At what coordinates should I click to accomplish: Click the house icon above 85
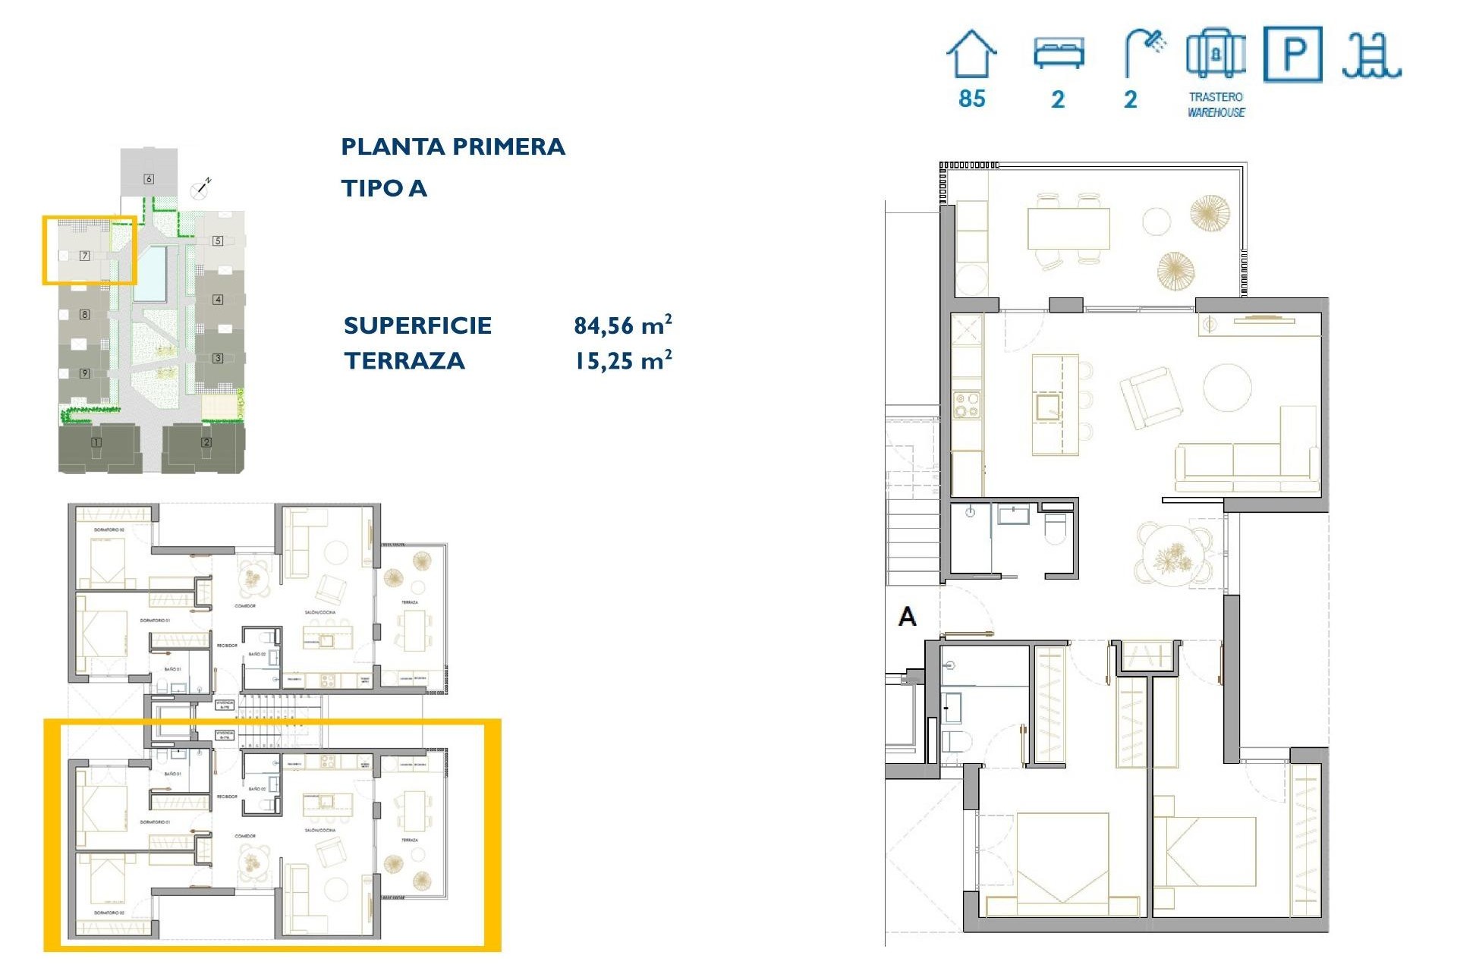(971, 54)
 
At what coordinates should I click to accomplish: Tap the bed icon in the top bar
(1059, 54)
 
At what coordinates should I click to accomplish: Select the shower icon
(1144, 53)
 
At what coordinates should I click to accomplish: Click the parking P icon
(1293, 54)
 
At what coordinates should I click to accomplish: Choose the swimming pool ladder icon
(1371, 56)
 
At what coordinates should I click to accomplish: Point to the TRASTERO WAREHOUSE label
(1216, 105)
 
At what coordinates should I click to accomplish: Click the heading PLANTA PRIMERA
(453, 146)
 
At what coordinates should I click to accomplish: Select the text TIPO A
(384, 188)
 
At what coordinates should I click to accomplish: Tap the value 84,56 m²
(622, 325)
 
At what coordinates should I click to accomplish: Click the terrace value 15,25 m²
(622, 360)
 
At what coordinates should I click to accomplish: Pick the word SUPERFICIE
(417, 325)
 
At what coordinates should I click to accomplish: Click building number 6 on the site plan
(149, 179)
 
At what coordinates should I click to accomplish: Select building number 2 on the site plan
(206, 442)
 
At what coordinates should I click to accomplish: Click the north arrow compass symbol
(201, 187)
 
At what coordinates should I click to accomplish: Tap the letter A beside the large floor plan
(907, 617)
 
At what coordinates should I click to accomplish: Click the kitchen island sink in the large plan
(1048, 407)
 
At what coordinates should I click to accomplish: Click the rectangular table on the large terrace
(1068, 228)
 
